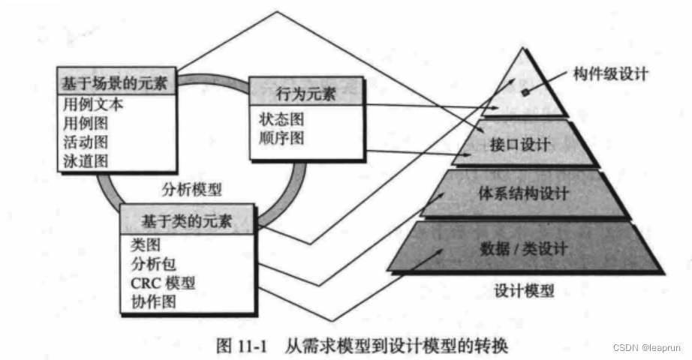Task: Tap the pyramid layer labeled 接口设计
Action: pos(525,144)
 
